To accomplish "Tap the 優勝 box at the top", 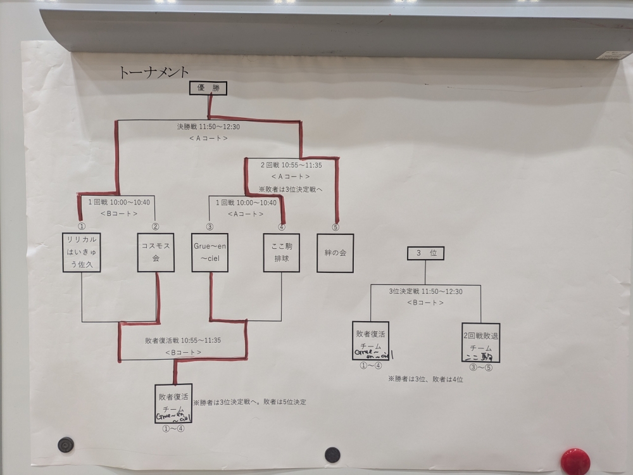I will [208, 89].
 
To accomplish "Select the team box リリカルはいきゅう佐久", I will [82, 252].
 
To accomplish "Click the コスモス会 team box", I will [155, 252].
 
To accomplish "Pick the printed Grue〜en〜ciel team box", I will [210, 252].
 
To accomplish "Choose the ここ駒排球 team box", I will [281, 252].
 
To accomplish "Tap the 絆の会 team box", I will [335, 252].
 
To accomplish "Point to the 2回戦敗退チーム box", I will [480, 342].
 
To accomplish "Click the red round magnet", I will [575, 460].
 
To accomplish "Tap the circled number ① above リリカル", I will [81, 226].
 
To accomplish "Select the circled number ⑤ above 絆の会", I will [335, 226].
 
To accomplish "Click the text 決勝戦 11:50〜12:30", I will [208, 127].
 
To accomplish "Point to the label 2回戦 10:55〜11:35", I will [291, 165].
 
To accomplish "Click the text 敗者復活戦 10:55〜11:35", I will [184, 341].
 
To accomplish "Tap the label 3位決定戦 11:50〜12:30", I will [425, 292].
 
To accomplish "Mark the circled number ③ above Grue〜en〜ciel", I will [210, 226].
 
